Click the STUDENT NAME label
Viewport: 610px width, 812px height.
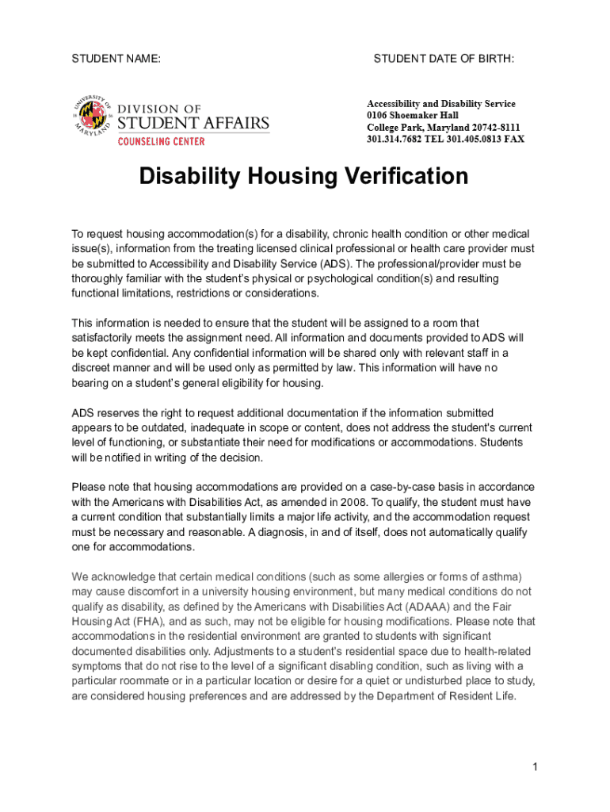pyautogui.click(x=116, y=59)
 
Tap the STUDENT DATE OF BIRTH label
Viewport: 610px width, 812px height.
pyautogui.click(x=444, y=59)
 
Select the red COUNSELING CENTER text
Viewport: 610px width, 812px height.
pyautogui.click(x=162, y=141)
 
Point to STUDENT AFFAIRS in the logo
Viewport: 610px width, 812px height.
pyautogui.click(x=193, y=124)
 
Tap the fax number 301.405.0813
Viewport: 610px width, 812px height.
pyautogui.click(x=468, y=140)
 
